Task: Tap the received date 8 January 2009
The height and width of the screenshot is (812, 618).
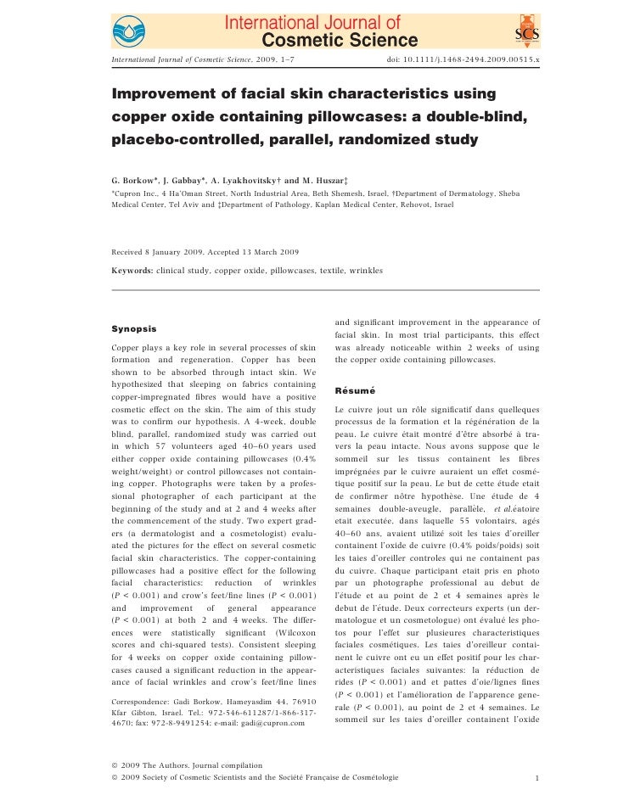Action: click(x=178, y=253)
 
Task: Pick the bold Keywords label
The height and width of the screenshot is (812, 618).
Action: click(x=132, y=271)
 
